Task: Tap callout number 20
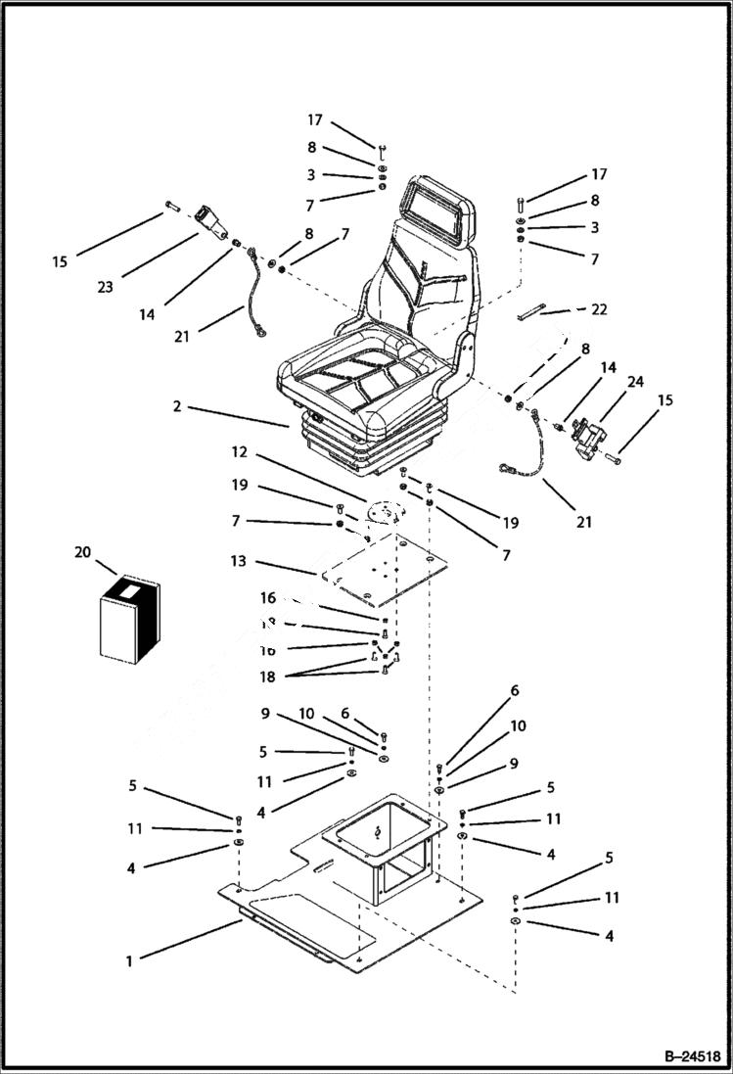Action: click(x=82, y=552)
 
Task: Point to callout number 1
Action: click(x=128, y=960)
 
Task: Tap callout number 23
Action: click(x=105, y=287)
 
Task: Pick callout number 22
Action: click(x=599, y=309)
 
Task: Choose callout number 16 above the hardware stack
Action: click(x=268, y=598)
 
